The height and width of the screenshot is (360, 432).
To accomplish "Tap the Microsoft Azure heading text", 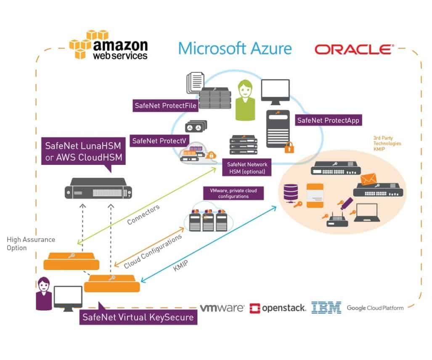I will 235,48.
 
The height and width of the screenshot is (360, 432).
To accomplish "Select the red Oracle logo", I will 354,50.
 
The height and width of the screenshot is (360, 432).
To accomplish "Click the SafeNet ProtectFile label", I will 166,106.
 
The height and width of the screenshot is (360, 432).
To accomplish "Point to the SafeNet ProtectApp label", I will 328,120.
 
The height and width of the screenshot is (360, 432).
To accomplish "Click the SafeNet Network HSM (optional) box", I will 247,168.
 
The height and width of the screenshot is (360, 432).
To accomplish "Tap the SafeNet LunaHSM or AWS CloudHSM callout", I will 82,151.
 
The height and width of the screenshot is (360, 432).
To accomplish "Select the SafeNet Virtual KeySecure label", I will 138,317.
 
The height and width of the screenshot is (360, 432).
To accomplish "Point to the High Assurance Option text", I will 31,244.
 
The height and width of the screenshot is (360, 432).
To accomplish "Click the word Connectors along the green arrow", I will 143,215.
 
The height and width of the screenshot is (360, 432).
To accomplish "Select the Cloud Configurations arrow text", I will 153,251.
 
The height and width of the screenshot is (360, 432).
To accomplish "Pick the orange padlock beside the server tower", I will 289,147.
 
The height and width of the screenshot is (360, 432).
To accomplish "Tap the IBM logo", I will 326,308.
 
